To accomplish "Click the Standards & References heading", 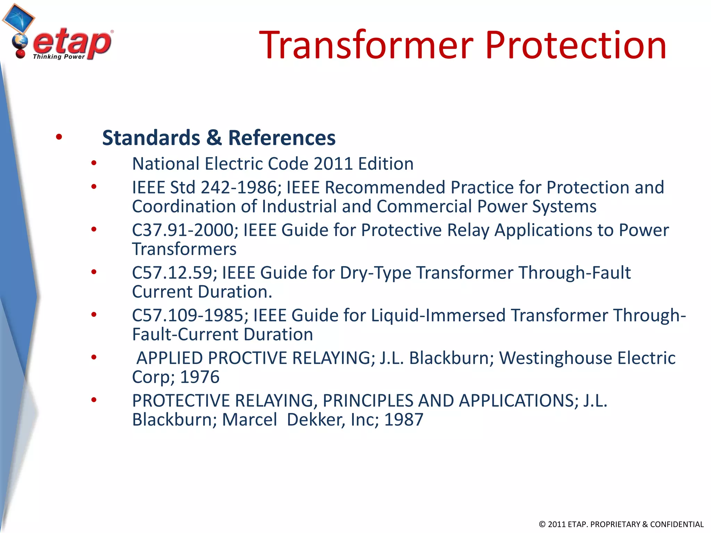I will click(x=219, y=138).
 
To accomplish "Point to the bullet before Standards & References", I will click(x=59, y=137).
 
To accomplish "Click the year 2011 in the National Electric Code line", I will click(x=333, y=164).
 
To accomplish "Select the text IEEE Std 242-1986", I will click(x=206, y=188).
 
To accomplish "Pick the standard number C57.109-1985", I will click(x=190, y=316).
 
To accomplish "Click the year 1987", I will click(x=404, y=420).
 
